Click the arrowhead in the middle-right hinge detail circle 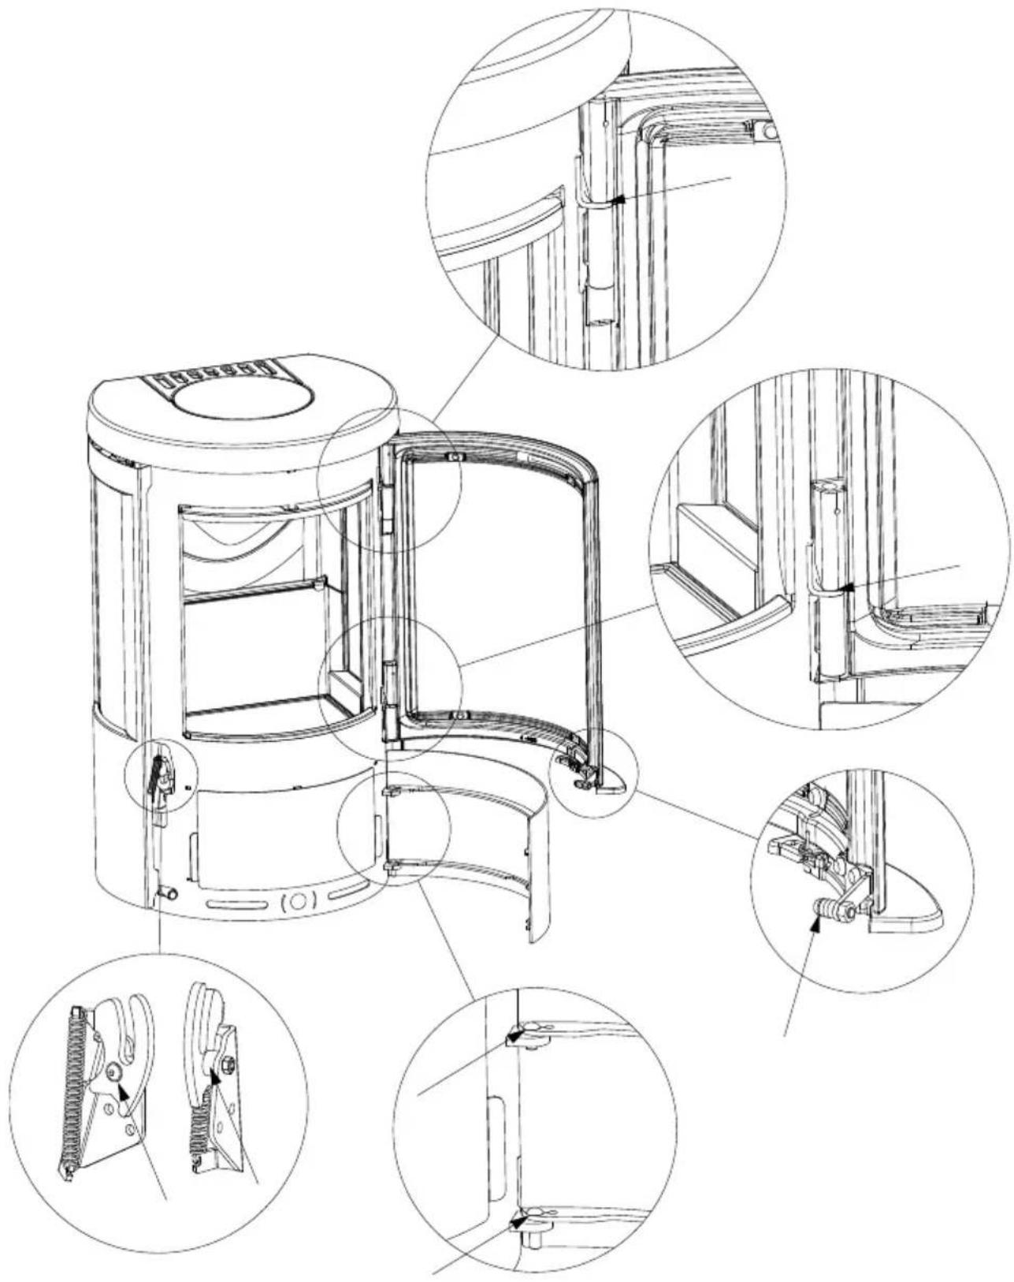coord(848,586)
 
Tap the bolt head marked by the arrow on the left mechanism coord(116,1071)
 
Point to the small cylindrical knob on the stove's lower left coord(168,893)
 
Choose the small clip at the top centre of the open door coord(453,457)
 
